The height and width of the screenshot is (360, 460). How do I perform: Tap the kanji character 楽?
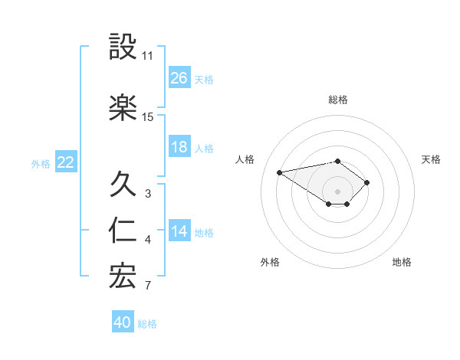123,108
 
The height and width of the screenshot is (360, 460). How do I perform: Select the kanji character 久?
123,184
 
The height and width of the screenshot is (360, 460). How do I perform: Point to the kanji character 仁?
123,231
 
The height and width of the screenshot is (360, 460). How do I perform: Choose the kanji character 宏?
123,277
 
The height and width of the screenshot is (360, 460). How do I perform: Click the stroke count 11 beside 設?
147,56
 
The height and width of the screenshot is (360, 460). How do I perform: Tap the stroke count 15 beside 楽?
147,117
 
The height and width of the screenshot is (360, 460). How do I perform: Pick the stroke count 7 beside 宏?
147,286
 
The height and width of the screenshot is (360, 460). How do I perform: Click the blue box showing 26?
179,77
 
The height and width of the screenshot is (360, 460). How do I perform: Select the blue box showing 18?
179,147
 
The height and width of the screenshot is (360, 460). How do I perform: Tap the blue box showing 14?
179,231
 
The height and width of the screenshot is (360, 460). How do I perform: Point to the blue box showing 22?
66,162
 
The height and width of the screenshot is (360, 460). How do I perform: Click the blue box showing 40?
123,322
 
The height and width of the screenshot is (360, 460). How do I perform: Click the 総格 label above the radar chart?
338,100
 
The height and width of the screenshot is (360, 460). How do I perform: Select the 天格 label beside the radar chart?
432,159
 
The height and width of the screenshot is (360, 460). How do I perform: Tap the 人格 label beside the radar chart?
245,159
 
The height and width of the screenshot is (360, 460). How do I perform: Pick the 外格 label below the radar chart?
270,262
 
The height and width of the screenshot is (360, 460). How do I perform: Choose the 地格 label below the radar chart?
402,262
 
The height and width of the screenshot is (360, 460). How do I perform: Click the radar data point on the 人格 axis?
280,172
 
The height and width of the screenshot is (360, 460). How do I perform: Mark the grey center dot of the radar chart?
337,191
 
